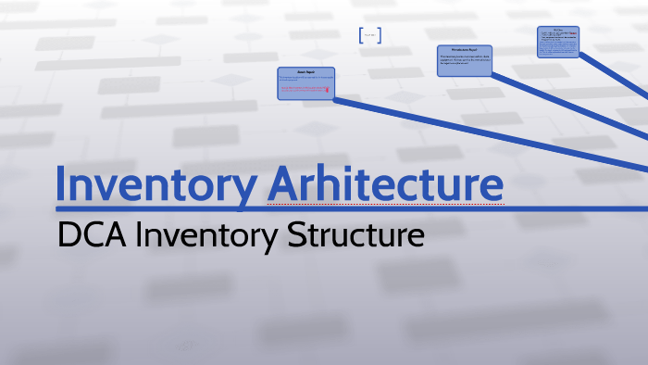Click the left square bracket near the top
pyautogui.click(x=360, y=36)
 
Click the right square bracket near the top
pyautogui.click(x=380, y=36)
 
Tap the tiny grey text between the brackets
pyautogui.click(x=369, y=36)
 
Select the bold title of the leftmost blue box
pyautogui.click(x=306, y=72)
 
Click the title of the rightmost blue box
pyautogui.click(x=558, y=31)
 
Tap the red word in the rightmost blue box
pyautogui.click(x=574, y=36)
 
